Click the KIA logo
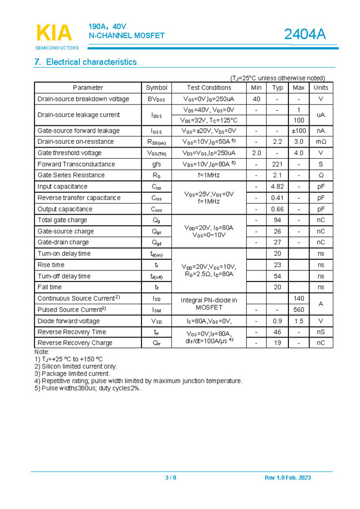point(54,33)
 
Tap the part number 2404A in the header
point(305,34)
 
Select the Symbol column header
point(156,88)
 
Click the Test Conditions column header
point(209,88)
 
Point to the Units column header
point(321,88)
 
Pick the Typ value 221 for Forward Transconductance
point(278,164)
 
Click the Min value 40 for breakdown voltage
point(256,99)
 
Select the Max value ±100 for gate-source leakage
point(298,131)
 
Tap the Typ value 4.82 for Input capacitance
point(278,187)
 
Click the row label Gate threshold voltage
point(69,153)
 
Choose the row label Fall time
point(49,287)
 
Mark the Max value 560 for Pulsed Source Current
point(298,310)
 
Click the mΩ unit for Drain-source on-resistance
point(321,142)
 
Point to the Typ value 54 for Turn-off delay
point(278,276)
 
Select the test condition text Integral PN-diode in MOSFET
point(209,304)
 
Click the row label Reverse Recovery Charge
point(74,343)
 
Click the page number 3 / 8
point(171,478)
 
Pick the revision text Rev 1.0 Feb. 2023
point(287,478)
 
